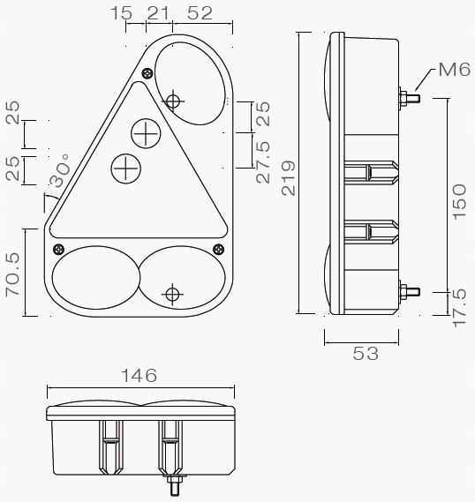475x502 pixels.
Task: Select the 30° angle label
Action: coord(59,173)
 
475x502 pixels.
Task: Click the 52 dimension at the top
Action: coord(200,12)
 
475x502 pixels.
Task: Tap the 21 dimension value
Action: coord(158,12)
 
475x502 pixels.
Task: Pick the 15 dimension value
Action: coord(124,12)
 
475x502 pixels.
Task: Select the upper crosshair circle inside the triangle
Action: coord(145,134)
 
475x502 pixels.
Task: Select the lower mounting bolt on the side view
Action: coord(409,289)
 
